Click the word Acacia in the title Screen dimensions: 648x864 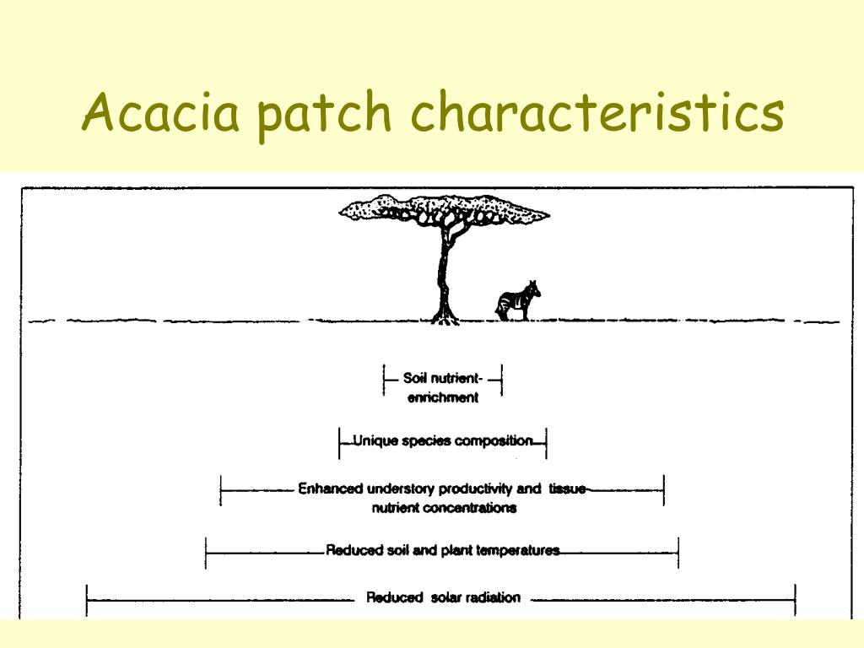pos(161,115)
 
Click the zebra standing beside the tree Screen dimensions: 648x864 pos(518,300)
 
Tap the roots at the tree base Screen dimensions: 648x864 pos(445,319)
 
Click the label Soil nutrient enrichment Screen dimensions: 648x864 pos(443,387)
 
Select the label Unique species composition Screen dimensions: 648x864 pos(443,440)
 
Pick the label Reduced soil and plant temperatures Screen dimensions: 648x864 pos(443,551)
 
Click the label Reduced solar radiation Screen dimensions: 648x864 pos(443,598)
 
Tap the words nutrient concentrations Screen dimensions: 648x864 pos(444,508)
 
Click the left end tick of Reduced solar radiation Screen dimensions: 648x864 pos(88,600)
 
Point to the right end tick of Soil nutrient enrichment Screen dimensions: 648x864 pos(502,380)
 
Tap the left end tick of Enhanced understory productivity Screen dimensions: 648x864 pos(220,489)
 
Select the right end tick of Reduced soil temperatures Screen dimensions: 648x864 pos(678,552)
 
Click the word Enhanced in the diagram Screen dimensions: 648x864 pos(331,489)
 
